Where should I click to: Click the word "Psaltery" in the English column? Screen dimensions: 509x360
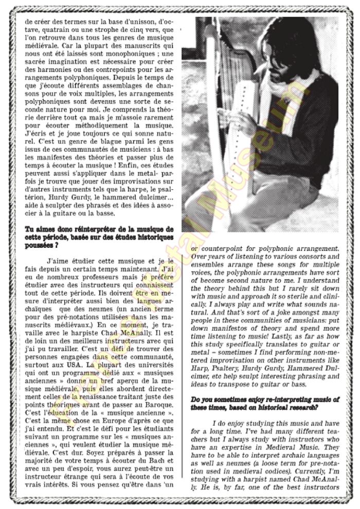click(x=225, y=363)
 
